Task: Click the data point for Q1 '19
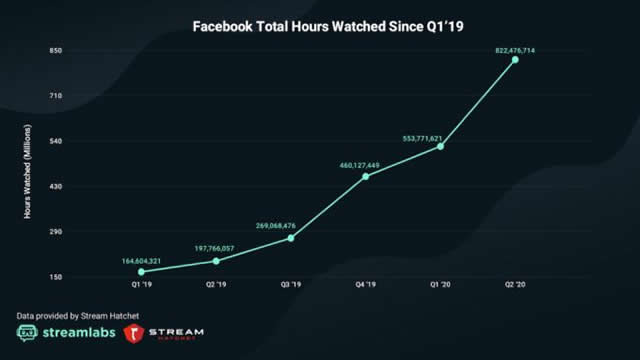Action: (x=141, y=271)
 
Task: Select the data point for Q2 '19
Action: (x=216, y=261)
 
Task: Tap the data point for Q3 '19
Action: (x=291, y=237)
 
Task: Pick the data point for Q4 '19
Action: (x=366, y=176)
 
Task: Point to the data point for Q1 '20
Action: (x=441, y=146)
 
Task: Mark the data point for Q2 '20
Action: (x=516, y=59)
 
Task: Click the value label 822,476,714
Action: (x=515, y=49)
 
